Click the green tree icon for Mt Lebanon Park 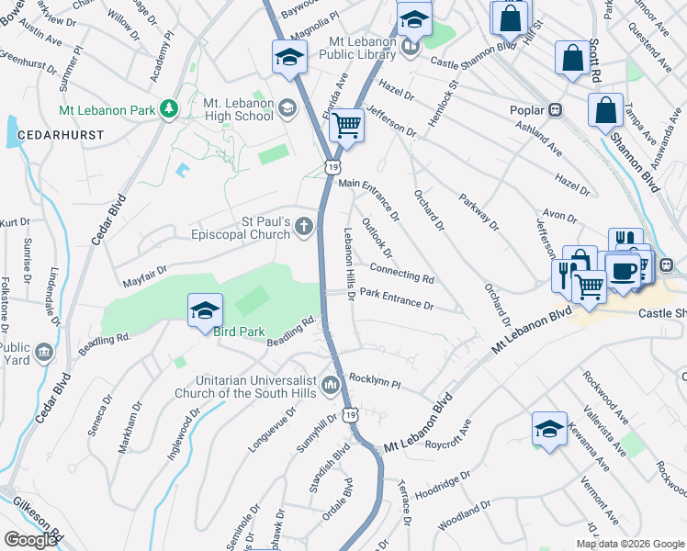click(168, 110)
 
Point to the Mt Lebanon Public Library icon click(410, 47)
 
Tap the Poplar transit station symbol click(555, 109)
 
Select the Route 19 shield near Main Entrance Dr click(332, 165)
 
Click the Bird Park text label click(232, 331)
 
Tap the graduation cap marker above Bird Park click(205, 310)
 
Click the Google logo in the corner click(30, 540)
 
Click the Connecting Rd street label click(401, 272)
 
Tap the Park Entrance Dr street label click(396, 298)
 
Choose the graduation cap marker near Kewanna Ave click(549, 428)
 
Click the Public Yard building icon click(43, 352)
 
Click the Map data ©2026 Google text click(629, 544)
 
